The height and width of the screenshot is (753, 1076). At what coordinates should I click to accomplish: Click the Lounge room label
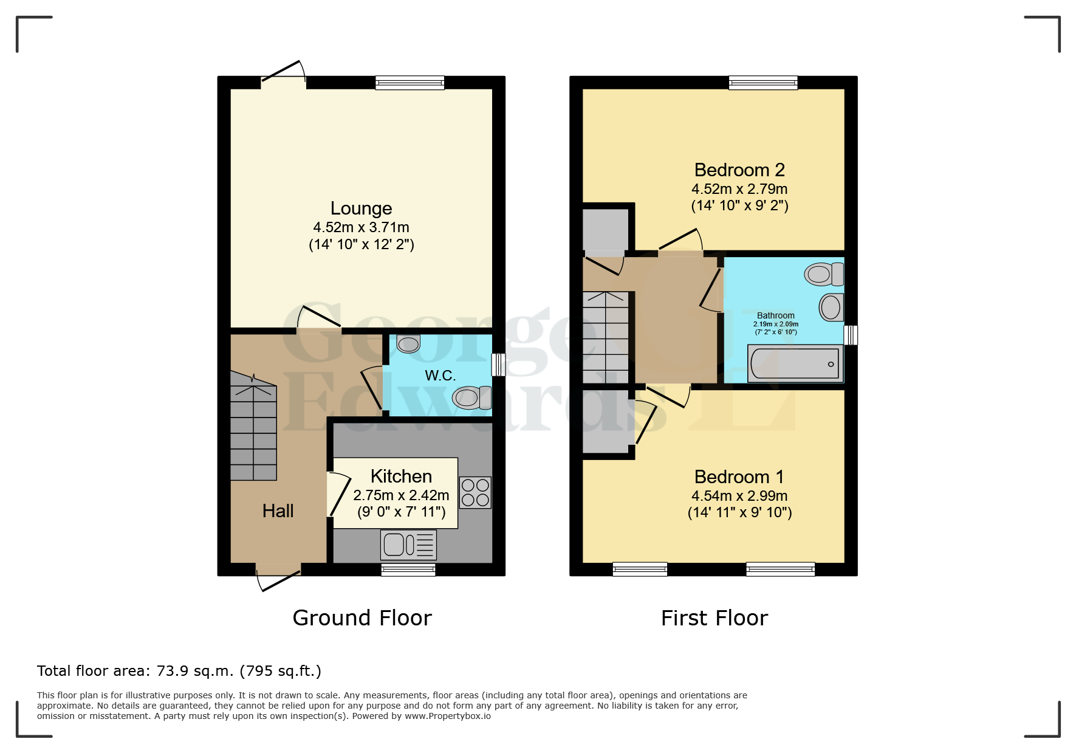(x=361, y=208)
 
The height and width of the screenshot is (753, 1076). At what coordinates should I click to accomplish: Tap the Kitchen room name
(x=401, y=476)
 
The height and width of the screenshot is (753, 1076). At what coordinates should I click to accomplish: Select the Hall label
(x=278, y=511)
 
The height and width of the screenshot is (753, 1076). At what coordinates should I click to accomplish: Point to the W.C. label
(x=440, y=376)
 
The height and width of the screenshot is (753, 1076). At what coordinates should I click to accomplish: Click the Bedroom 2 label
(x=739, y=170)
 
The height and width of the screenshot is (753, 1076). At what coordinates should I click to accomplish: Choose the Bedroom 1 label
(x=739, y=476)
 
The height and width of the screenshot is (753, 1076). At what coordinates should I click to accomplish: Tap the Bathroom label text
(x=776, y=315)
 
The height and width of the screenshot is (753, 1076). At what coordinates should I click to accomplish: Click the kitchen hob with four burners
(x=475, y=492)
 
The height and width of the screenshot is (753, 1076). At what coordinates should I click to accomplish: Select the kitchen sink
(x=408, y=545)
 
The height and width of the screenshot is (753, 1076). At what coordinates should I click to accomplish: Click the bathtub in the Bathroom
(x=795, y=364)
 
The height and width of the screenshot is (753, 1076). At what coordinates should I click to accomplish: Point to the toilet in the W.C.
(x=472, y=398)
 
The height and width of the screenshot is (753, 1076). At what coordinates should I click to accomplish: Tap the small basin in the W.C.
(x=408, y=344)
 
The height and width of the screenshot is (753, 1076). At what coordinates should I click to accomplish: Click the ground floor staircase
(x=253, y=428)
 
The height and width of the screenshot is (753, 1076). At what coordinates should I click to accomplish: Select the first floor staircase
(x=606, y=337)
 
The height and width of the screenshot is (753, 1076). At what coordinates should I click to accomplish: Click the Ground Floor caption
(x=362, y=618)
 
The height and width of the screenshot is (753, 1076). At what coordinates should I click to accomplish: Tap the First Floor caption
(x=714, y=618)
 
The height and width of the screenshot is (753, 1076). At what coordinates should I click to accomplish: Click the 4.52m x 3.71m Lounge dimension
(x=361, y=227)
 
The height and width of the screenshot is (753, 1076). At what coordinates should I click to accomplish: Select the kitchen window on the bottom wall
(x=408, y=569)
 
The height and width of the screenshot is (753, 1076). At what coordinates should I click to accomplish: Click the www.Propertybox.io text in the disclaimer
(x=448, y=716)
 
